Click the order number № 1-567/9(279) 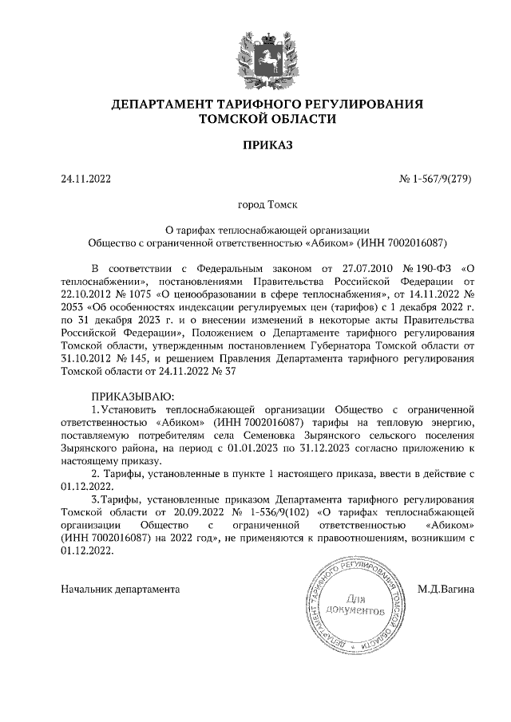point(434,179)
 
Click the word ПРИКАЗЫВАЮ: point(130,396)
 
